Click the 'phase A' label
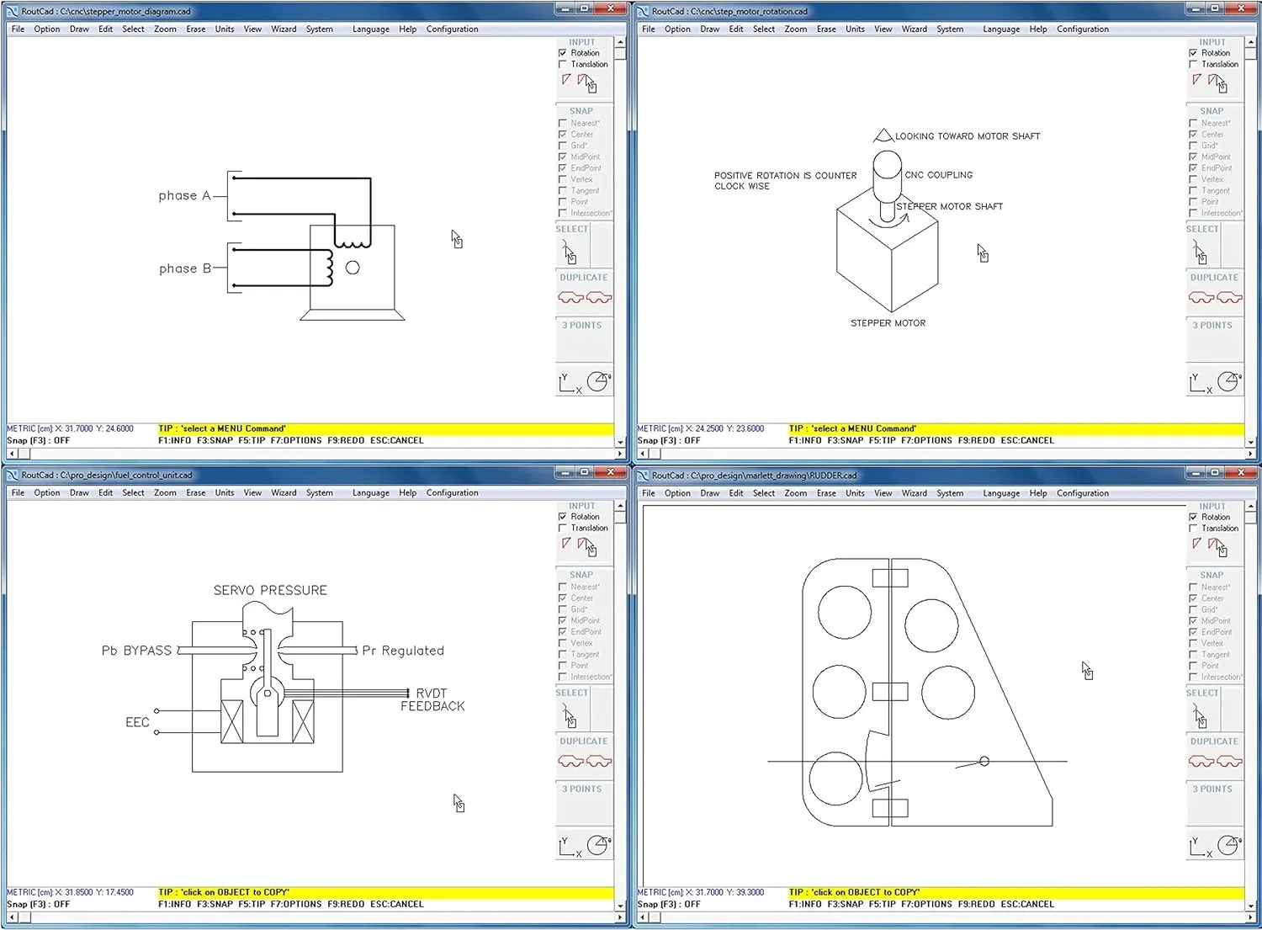[184, 196]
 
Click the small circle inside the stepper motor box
[353, 268]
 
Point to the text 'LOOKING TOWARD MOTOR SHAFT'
[967, 136]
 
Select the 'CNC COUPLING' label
[939, 175]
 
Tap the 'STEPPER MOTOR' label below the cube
[888, 323]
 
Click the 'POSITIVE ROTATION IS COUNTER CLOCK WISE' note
[785, 181]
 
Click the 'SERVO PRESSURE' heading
[270, 591]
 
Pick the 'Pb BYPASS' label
[136, 651]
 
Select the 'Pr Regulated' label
[403, 651]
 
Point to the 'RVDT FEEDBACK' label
[432, 700]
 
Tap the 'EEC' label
[137, 723]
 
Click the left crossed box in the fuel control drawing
[231, 721]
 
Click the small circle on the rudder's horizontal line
[984, 761]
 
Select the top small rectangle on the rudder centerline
[889, 578]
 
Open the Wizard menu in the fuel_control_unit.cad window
[284, 493]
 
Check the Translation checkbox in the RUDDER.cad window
[1193, 529]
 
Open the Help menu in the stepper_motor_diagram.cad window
[407, 29]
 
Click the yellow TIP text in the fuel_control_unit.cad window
[224, 892]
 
